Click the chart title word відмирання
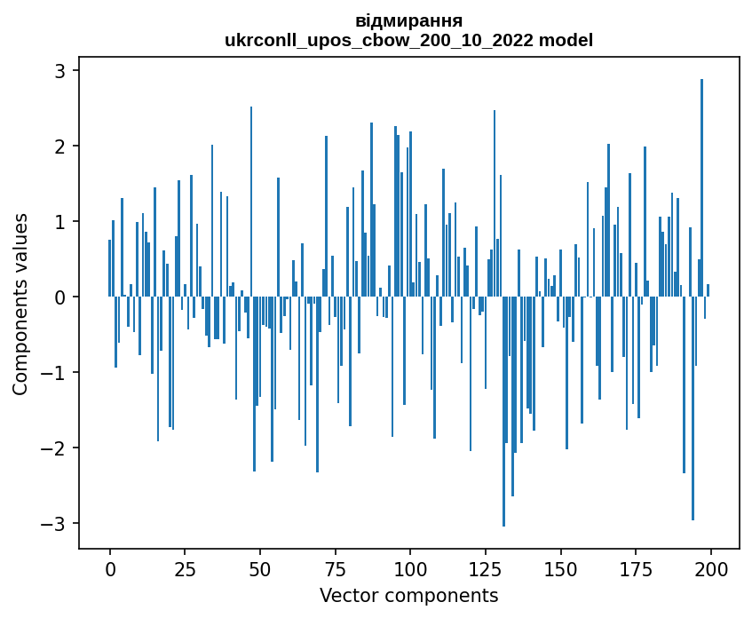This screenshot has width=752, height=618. (408, 20)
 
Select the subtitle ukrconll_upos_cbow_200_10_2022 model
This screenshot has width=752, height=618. (408, 40)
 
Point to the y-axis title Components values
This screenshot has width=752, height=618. (20, 304)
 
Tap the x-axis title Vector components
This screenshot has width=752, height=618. (408, 595)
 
